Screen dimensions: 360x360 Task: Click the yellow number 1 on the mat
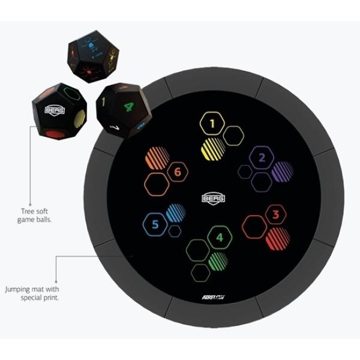211,124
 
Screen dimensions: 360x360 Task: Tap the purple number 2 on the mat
262,159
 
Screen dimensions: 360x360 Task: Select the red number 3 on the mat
275,214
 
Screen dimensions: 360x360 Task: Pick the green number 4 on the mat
219,238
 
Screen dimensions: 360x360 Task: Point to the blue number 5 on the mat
155,225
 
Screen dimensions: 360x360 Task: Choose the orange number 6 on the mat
177,172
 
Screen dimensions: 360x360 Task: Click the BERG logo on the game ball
53,110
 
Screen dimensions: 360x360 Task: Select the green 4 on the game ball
128,109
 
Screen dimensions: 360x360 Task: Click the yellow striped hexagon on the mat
213,148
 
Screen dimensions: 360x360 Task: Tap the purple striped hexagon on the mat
282,172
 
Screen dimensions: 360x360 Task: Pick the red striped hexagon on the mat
277,238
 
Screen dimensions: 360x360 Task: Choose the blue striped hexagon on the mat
175,212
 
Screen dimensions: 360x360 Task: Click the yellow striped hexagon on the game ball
79,119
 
